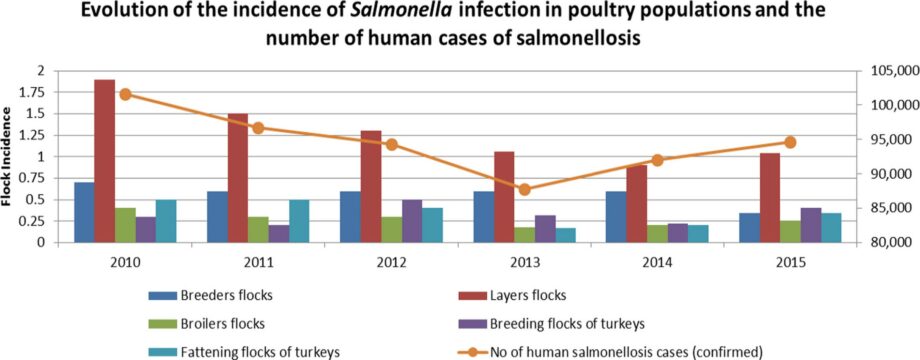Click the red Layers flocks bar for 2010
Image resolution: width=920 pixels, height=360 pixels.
tap(104, 160)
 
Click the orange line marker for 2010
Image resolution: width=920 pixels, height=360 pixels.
tap(125, 94)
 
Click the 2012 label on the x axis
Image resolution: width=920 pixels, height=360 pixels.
tap(391, 260)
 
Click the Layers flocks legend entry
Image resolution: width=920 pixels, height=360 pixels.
tap(525, 295)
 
